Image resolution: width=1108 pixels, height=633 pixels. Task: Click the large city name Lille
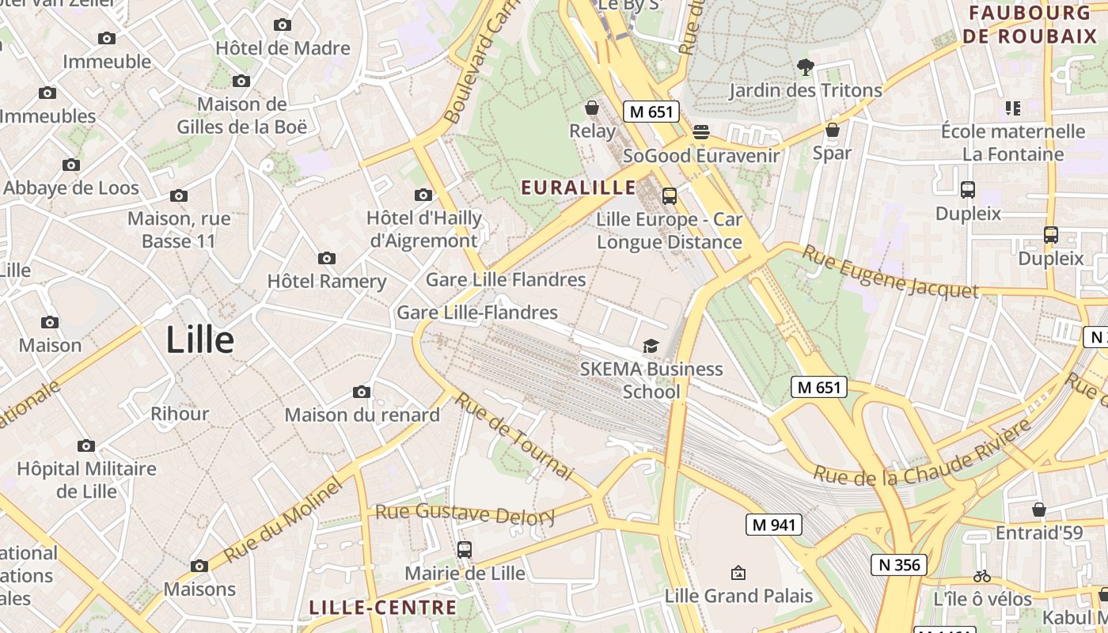(x=200, y=340)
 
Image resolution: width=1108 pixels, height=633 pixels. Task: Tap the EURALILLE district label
(x=579, y=188)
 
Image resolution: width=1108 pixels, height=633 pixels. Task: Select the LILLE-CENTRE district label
(x=383, y=608)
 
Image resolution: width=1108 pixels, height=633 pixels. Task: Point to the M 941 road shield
(x=774, y=524)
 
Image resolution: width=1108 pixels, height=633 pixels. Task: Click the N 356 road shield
(x=899, y=564)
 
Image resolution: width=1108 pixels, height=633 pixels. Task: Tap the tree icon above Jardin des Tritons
(x=806, y=67)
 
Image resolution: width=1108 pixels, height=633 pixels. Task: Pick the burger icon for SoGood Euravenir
(x=701, y=131)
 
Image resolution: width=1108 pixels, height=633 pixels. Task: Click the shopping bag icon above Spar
(x=832, y=129)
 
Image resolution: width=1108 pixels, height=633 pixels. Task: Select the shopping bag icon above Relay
(x=592, y=107)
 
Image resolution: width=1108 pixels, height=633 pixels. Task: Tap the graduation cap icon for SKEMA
(x=651, y=346)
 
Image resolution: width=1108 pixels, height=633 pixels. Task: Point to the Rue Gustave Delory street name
(x=465, y=514)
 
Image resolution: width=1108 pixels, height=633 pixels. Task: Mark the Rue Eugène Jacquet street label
(x=890, y=272)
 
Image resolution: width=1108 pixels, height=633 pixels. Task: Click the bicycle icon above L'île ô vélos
(x=982, y=576)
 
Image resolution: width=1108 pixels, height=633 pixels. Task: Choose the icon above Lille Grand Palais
(x=738, y=572)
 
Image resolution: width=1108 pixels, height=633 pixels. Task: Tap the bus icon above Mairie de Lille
(x=465, y=549)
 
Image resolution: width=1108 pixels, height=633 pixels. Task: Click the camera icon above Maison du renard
(x=362, y=392)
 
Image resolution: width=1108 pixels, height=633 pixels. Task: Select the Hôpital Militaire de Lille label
(x=87, y=479)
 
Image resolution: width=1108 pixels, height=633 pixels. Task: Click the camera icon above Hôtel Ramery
(x=326, y=258)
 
